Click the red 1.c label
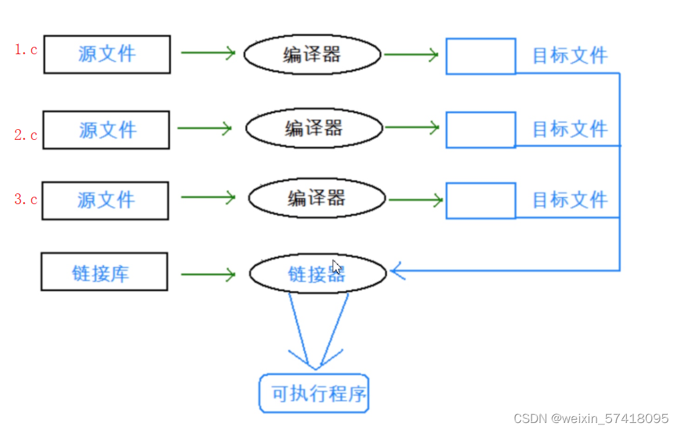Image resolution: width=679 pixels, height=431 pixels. coord(26,50)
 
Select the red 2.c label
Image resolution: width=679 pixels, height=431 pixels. coord(26,135)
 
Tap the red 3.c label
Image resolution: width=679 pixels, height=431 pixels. coord(26,199)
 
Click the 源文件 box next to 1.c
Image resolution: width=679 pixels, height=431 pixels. coord(107,54)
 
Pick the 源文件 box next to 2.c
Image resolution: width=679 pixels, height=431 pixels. coord(106,130)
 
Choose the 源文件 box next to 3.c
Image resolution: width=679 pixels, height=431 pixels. coord(105,200)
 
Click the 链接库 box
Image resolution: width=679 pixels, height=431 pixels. coord(104,272)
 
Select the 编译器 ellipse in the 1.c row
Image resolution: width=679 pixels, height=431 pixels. coord(312,54)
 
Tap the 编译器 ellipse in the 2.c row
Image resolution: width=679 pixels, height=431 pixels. coord(314,128)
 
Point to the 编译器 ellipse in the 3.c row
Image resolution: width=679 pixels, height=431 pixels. coord(317,198)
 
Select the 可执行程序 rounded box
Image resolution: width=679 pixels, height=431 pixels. coord(314,394)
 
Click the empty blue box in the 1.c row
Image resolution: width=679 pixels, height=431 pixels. coord(481,56)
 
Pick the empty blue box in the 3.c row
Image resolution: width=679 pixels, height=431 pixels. coord(481,201)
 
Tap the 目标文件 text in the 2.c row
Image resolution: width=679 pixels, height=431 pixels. coord(570,128)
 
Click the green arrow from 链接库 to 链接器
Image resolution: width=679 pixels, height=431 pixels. coord(208,274)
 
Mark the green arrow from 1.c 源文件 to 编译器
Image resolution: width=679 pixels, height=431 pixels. coord(208,53)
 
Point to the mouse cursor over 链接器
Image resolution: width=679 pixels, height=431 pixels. coord(337,267)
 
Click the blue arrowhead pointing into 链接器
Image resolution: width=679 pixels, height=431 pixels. coord(398,271)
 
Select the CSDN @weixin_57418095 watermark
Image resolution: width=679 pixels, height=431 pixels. coord(591,418)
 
